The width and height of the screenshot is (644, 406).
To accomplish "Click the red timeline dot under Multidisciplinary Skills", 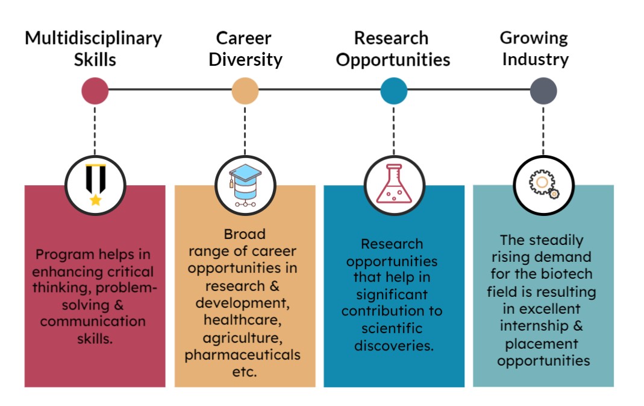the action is pos(95,90).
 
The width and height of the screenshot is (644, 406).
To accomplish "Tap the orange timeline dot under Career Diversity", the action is pos(245,90).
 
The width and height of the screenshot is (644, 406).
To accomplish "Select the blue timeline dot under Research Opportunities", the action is pos(394,90).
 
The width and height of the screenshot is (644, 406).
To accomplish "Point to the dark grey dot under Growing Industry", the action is pos(543,90).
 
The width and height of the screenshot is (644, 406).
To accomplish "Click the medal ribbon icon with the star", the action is pos(96,185).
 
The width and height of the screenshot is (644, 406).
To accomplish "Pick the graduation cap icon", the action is pos(245,185).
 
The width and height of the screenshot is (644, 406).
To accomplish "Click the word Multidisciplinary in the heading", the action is pos(93,39).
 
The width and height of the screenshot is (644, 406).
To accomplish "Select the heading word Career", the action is pos(243,38).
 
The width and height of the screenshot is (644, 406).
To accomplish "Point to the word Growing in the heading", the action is pos(534,39).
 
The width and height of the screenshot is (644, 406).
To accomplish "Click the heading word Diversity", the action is pos(246,60).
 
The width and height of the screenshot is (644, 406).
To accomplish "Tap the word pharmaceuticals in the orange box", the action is pos(242,355).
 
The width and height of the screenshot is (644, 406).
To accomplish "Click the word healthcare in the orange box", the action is pos(243,320).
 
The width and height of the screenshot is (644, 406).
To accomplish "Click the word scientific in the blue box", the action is pos(392,328).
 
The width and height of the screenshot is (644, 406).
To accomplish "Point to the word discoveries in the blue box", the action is pos(394,346).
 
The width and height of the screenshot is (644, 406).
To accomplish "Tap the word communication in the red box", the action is pos(93,322).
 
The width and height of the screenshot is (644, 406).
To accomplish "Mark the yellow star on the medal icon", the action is pos(96,200).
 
